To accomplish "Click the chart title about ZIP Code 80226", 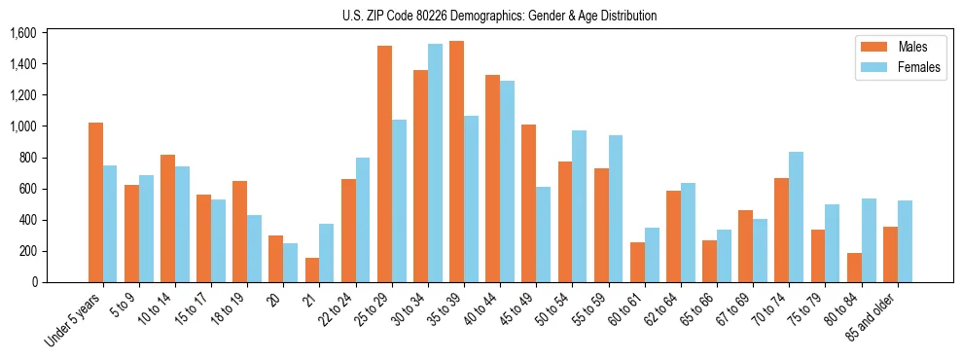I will coord(499,16).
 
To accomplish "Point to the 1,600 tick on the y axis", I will coord(22,33).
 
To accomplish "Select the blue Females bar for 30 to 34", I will coord(435,163).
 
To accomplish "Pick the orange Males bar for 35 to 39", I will coord(456,162).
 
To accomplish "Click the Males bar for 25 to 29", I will coord(384,163).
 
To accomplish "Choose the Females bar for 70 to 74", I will coord(796,217).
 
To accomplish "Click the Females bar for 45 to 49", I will coord(543,234).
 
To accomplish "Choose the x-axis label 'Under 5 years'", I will coord(71,319).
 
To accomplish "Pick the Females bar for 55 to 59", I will coord(615,209).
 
